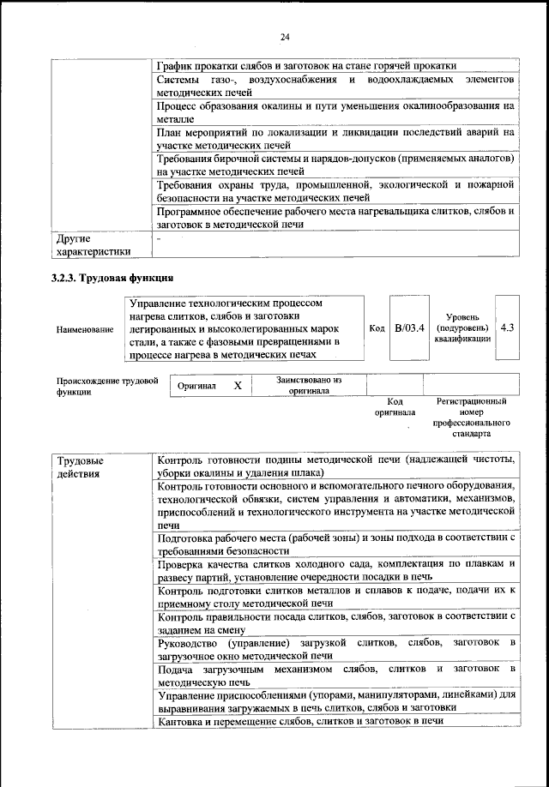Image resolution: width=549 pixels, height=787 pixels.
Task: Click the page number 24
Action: tap(284, 36)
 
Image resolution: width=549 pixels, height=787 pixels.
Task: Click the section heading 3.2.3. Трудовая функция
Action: tap(112, 278)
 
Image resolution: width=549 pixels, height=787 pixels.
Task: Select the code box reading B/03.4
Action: tap(409, 328)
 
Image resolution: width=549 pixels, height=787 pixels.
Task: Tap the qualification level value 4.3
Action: tap(507, 327)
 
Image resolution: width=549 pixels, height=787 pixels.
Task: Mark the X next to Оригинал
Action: tap(238, 387)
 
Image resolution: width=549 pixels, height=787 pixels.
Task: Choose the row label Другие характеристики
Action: tap(93, 244)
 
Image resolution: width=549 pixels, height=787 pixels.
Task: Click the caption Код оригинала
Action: tap(395, 406)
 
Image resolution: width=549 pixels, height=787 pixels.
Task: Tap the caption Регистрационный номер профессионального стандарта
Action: tap(471, 418)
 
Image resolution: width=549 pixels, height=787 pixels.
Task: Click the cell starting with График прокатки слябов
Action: tap(306, 65)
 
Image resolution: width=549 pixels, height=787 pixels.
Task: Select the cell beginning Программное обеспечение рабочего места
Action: tap(335, 217)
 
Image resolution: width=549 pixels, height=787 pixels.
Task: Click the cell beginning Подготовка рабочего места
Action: tap(335, 544)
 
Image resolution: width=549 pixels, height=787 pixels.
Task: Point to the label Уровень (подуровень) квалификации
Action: tap(463, 327)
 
